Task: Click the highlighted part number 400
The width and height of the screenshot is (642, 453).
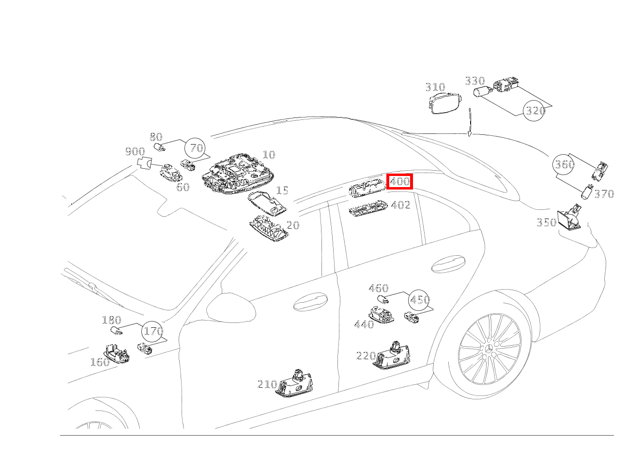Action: [400, 182]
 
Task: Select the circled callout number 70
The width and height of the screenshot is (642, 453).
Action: [196, 148]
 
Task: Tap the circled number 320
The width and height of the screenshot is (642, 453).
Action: [535, 111]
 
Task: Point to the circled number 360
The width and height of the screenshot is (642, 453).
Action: [564, 164]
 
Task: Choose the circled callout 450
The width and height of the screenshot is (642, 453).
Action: [419, 300]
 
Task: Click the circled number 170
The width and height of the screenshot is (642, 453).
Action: [153, 332]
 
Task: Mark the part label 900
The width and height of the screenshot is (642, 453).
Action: [135, 152]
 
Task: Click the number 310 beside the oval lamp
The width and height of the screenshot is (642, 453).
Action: [435, 88]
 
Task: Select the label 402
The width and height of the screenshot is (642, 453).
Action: [400, 205]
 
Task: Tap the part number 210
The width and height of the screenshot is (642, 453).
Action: [267, 384]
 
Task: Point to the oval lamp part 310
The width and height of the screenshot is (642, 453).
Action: [445, 103]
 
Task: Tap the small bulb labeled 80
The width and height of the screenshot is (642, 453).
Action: [159, 146]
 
